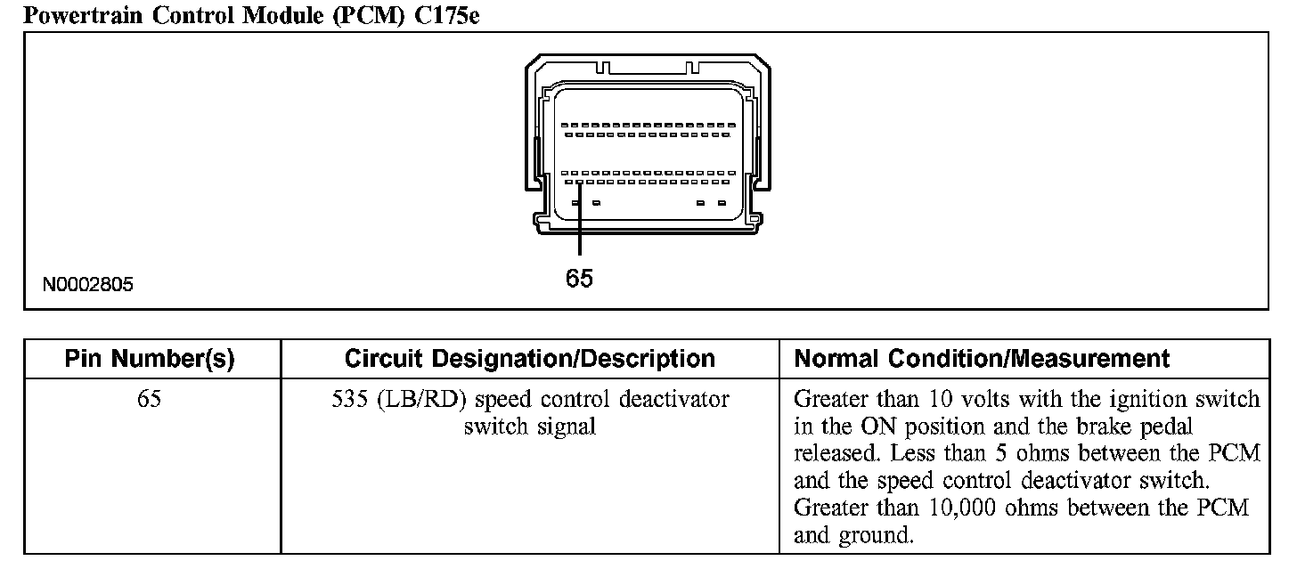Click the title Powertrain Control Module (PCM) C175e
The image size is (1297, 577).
(250, 15)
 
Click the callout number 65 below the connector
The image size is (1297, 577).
(579, 279)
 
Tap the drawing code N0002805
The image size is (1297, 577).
(88, 285)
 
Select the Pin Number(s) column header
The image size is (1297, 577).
(150, 359)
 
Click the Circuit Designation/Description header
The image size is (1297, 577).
(529, 359)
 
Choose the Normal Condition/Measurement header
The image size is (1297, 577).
(981, 359)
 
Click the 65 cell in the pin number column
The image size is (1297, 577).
(150, 399)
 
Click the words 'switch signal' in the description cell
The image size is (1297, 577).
(529, 427)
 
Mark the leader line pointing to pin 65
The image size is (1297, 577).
(579, 223)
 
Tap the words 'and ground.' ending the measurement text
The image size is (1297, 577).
(853, 536)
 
